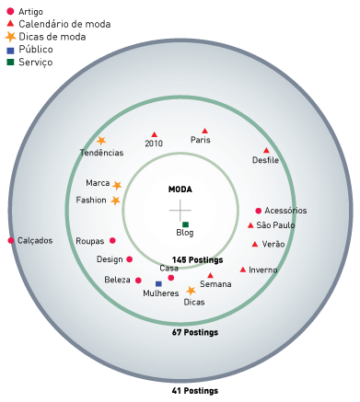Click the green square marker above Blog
pyautogui.click(x=185, y=224)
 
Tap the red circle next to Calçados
pyautogui.click(x=11, y=241)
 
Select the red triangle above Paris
pyautogui.click(x=204, y=131)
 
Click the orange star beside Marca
pyautogui.click(x=117, y=186)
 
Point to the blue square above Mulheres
pyautogui.click(x=158, y=284)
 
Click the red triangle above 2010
pyautogui.click(x=155, y=134)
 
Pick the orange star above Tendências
pyautogui.click(x=101, y=141)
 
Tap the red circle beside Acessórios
pyautogui.click(x=259, y=211)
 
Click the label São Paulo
pyautogui.click(x=275, y=225)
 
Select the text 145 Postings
pyautogui.click(x=197, y=260)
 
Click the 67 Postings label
pyautogui.click(x=195, y=332)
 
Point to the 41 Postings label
pyautogui.click(x=195, y=391)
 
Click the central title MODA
pyautogui.click(x=180, y=190)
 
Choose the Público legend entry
pyautogui.click(x=29, y=50)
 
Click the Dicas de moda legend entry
pyautogui.click(x=45, y=37)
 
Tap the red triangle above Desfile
pyautogui.click(x=266, y=150)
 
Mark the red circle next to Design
pyautogui.click(x=130, y=259)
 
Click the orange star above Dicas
pyautogui.click(x=191, y=291)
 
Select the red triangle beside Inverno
pyautogui.click(x=243, y=270)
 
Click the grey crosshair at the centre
pyautogui.click(x=180, y=211)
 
